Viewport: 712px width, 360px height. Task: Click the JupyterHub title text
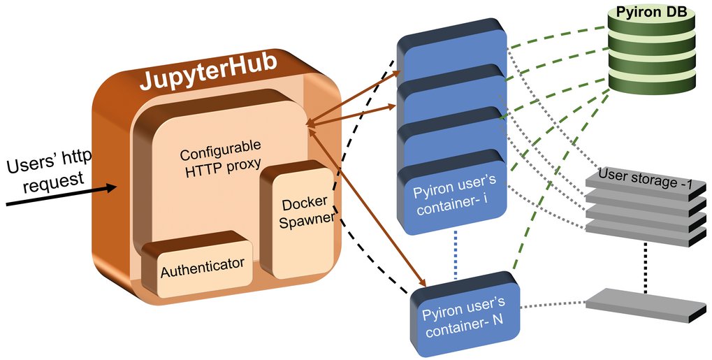click(208, 78)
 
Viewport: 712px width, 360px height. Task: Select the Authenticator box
click(203, 265)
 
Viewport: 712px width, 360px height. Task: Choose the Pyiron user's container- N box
click(463, 313)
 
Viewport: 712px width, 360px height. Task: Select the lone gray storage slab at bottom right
click(639, 306)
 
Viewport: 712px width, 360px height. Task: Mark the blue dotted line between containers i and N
click(455, 255)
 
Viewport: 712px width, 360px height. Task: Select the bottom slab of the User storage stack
click(637, 234)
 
